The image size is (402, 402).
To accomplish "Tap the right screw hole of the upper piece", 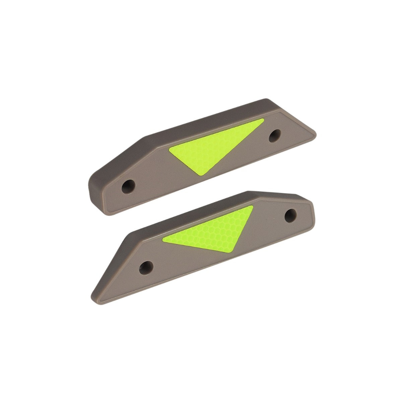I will [275, 135].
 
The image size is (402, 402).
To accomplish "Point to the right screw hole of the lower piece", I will [290, 215].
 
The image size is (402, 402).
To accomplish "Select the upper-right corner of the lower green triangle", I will [253, 207].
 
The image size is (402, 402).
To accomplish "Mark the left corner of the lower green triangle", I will [163, 239].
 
